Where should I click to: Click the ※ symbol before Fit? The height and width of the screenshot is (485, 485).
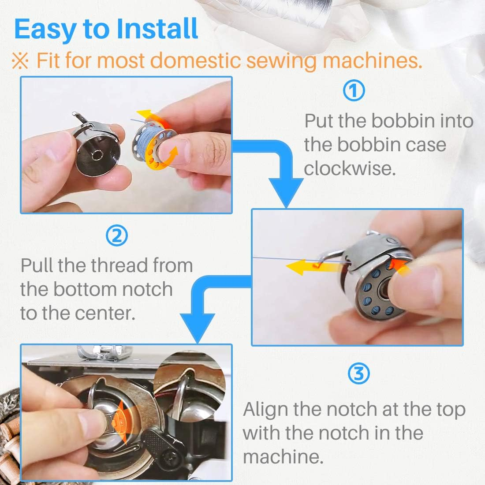[x=20, y=61]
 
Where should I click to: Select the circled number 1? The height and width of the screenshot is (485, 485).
[x=354, y=91]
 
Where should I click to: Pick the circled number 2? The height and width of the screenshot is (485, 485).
[x=117, y=236]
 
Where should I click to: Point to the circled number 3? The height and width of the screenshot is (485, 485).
[x=359, y=374]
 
